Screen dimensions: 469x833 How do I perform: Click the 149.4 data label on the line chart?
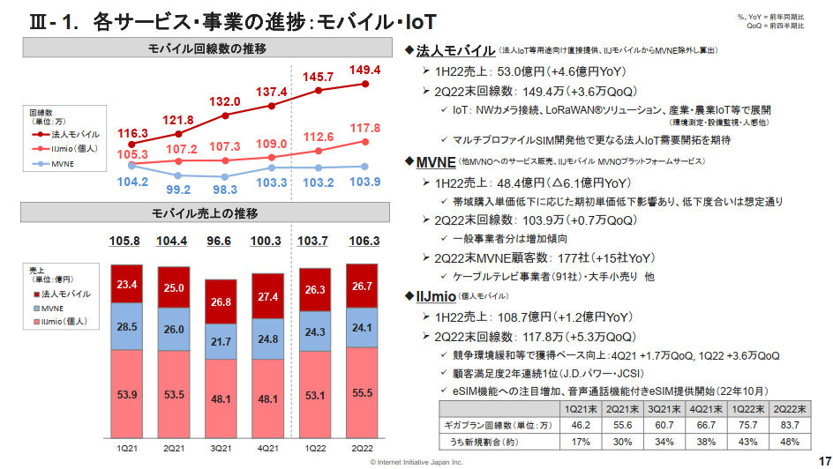tap(364, 70)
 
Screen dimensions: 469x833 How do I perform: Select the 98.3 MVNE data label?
tap(225, 190)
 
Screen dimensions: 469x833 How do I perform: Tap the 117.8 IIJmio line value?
tap(364, 128)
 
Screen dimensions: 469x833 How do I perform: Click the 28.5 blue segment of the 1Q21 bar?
tap(127, 327)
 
